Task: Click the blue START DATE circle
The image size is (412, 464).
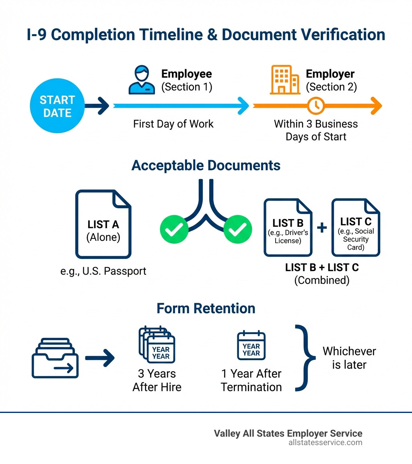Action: pos(57,105)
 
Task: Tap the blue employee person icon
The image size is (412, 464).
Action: pos(142,80)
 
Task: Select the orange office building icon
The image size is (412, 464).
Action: pos(284,80)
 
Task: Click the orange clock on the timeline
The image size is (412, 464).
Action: pos(316,105)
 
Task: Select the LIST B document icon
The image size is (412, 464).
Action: pos(288,227)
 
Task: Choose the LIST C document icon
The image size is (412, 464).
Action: pos(356,227)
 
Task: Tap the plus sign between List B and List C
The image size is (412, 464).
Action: pos(322,228)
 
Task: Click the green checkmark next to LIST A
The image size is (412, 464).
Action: pos(174,229)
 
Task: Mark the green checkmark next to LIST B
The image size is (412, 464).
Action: pos(237,229)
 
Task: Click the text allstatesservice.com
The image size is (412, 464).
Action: pos(325,443)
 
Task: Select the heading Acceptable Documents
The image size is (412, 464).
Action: pos(206,165)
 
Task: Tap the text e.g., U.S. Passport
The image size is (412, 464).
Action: pos(103,271)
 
